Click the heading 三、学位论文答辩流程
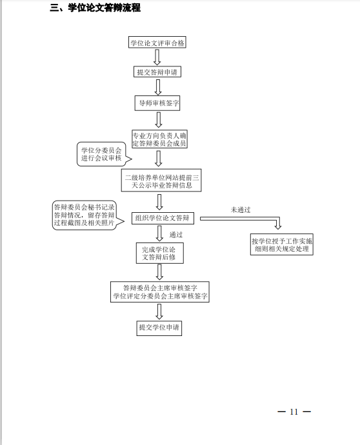[x=95, y=8]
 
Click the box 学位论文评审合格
[x=157, y=42]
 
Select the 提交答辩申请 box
[x=157, y=72]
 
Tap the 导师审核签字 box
[x=157, y=103]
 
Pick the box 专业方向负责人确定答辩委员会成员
[x=159, y=139]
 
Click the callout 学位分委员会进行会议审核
[x=102, y=154]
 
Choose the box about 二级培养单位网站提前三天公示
[x=161, y=180]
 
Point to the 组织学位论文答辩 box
[x=163, y=218]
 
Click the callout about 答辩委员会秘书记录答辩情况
[x=86, y=215]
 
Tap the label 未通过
[x=241, y=210]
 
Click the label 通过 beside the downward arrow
[x=176, y=235]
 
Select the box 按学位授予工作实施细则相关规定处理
[x=282, y=244]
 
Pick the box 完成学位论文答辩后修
[x=160, y=253]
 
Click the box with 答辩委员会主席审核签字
[x=160, y=292]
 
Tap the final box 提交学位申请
[x=159, y=328]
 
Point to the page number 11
[x=294, y=411]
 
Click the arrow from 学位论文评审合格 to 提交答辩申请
[x=157, y=57]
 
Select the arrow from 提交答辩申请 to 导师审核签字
[x=158, y=87]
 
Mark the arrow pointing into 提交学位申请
[x=159, y=311]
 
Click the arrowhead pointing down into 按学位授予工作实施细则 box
[x=278, y=226]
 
